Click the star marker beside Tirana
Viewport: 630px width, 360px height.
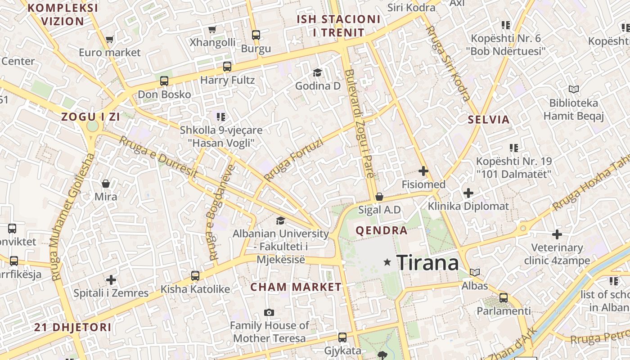(387, 262)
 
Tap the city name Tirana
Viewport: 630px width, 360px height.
(427, 263)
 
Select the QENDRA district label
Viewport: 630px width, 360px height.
(382, 231)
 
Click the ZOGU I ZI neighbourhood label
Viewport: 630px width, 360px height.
(90, 117)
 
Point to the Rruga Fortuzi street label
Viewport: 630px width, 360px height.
(293, 160)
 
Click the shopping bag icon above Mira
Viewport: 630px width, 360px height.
(106, 184)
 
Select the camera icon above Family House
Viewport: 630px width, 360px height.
(269, 312)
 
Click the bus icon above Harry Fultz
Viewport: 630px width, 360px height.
(227, 67)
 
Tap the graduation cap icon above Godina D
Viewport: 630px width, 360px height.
(318, 72)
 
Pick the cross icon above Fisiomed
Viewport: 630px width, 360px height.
(423, 171)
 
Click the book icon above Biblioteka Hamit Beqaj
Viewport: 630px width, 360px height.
(573, 90)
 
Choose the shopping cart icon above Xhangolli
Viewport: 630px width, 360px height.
(212, 30)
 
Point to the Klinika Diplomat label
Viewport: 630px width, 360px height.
(468, 206)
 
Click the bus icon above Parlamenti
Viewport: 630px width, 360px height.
(504, 297)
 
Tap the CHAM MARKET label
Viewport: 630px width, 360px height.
(296, 287)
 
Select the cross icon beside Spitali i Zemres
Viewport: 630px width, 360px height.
(111, 280)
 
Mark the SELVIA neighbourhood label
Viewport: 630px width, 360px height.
(489, 120)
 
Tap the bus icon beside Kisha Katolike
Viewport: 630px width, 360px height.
(195, 275)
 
